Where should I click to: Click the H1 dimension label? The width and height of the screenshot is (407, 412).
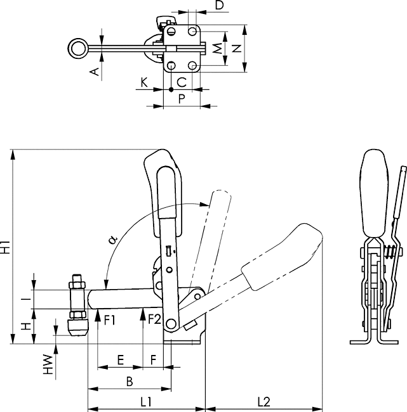click(x=6, y=247)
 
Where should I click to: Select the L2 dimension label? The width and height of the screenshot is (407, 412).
click(x=264, y=401)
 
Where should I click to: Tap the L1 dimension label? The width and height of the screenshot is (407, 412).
click(x=146, y=401)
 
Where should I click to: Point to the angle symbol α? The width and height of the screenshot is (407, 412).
click(x=113, y=239)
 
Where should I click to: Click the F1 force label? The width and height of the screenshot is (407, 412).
click(x=110, y=320)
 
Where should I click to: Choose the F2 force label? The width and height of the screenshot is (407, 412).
click(x=154, y=319)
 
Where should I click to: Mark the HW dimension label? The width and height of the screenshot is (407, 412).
click(x=48, y=364)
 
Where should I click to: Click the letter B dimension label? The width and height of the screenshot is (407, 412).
click(x=130, y=382)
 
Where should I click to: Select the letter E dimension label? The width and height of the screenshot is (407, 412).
click(x=120, y=360)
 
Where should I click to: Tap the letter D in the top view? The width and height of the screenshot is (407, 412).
click(x=219, y=4)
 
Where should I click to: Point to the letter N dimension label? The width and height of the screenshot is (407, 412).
click(x=237, y=48)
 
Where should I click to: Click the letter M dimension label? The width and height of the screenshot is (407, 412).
click(x=217, y=48)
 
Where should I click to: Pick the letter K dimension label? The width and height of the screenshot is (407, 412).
click(x=144, y=82)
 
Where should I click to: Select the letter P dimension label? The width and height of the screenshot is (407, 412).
click(x=182, y=99)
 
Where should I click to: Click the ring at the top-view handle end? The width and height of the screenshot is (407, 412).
click(x=78, y=49)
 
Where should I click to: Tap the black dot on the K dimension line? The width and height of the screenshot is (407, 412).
click(x=171, y=89)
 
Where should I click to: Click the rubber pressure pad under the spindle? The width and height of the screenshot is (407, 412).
click(x=78, y=328)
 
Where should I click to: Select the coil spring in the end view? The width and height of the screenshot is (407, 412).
click(x=390, y=252)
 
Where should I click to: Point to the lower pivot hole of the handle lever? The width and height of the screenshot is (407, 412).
click(x=171, y=323)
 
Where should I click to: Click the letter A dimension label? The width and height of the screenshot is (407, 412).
click(x=95, y=72)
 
